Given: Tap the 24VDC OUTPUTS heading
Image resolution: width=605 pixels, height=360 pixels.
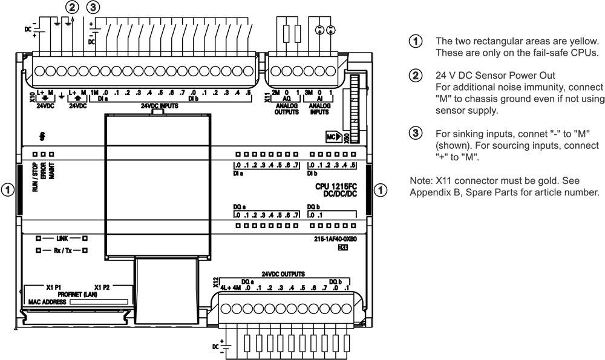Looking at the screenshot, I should pyautogui.click(x=283, y=274).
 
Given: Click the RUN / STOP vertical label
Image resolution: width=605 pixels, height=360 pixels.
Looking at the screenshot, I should pyautogui.click(x=36, y=177).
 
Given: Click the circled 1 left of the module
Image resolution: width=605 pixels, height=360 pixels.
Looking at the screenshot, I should pyautogui.click(x=8, y=189).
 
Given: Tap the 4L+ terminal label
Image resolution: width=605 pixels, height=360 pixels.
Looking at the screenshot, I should pyautogui.click(x=226, y=288).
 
